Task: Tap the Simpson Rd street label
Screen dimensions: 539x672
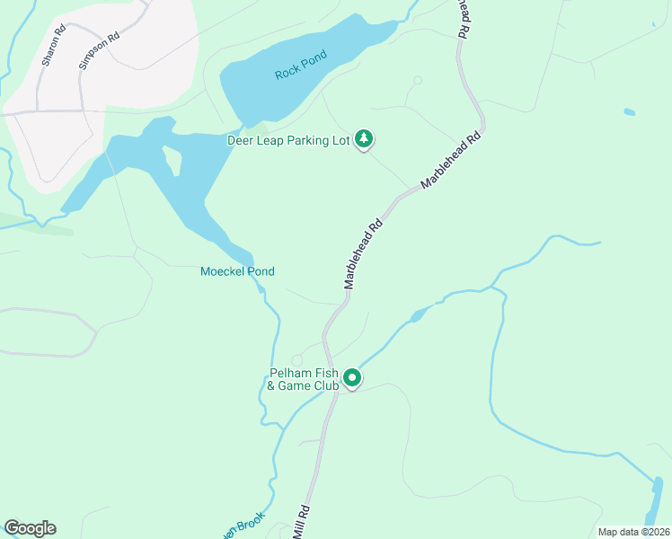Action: tap(99, 52)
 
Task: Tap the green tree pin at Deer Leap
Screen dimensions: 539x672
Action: tap(363, 138)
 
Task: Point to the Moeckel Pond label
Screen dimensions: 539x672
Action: tap(237, 271)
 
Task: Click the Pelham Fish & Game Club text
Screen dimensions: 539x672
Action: tap(303, 380)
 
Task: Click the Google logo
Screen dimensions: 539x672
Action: tap(30, 528)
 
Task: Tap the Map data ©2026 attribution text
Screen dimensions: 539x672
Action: tap(634, 532)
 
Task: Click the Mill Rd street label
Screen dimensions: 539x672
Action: tap(302, 522)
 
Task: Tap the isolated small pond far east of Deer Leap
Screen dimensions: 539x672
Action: tap(629, 112)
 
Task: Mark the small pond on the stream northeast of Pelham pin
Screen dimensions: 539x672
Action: tap(420, 314)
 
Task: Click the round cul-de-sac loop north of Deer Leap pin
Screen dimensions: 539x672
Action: tap(417, 81)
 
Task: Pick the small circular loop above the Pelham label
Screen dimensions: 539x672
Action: tap(296, 361)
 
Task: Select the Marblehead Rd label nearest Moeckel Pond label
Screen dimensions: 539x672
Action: tap(364, 254)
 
